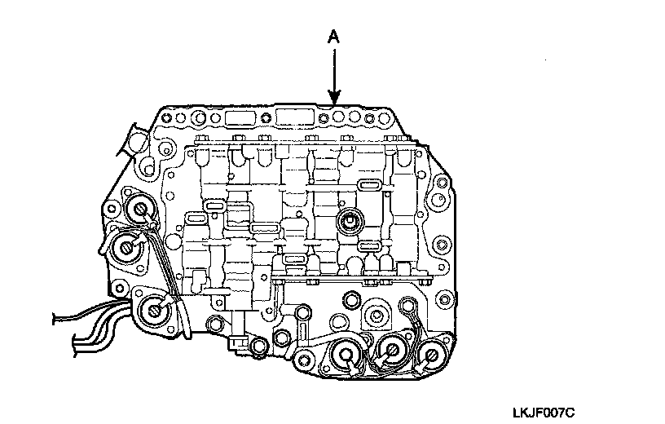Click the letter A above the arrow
click(x=332, y=38)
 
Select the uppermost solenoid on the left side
click(x=141, y=210)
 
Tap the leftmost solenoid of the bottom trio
click(x=346, y=355)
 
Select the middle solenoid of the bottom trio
click(x=392, y=352)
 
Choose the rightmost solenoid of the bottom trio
click(x=429, y=355)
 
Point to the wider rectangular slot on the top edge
click(x=293, y=117)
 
